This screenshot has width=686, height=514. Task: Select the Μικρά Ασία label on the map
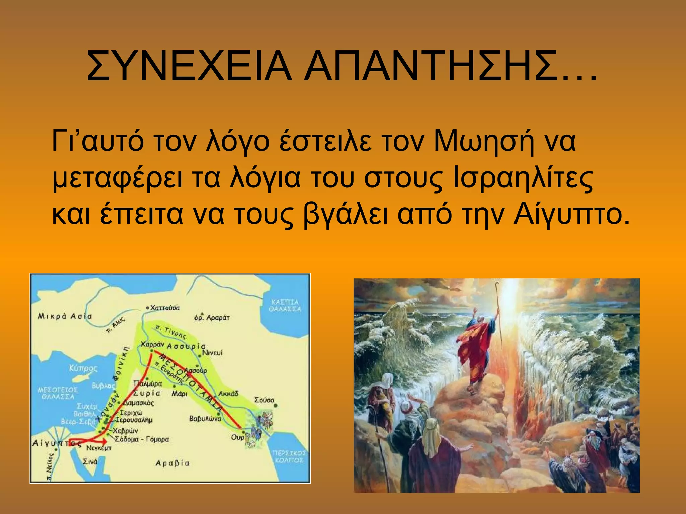click(x=65, y=316)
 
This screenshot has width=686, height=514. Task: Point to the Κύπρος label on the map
click(x=83, y=368)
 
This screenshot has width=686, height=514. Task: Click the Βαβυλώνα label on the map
click(x=205, y=418)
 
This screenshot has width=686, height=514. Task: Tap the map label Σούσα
click(x=264, y=400)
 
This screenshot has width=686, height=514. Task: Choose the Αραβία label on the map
click(x=172, y=463)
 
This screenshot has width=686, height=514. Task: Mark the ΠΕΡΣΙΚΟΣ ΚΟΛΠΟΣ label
click(x=289, y=457)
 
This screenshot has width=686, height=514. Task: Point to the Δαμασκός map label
click(x=139, y=403)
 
